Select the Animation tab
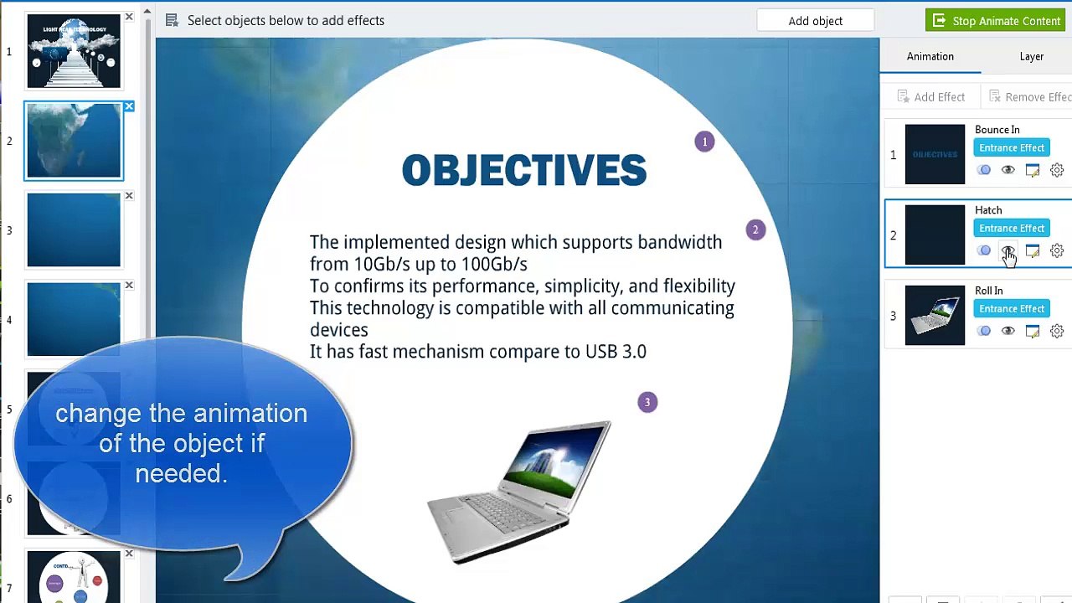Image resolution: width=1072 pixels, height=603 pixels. (x=930, y=56)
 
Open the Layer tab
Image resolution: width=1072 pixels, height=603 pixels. (x=1031, y=56)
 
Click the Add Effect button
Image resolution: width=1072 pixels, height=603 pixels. (x=930, y=97)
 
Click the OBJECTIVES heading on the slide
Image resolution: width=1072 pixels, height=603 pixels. (x=523, y=171)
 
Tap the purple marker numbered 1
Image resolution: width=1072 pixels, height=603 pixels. (x=704, y=142)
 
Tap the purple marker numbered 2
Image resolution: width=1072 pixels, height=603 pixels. (x=755, y=229)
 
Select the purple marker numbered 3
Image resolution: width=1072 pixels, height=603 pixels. (x=647, y=402)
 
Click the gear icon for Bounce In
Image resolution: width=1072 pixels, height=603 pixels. (x=1057, y=170)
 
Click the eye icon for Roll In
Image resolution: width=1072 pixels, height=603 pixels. (x=1008, y=331)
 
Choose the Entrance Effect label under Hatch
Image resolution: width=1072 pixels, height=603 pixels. (x=1011, y=229)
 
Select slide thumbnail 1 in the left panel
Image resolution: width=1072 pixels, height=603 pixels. (x=74, y=51)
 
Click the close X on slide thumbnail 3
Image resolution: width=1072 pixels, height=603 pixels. (x=129, y=196)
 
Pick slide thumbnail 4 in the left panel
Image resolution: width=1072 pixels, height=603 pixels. (x=74, y=319)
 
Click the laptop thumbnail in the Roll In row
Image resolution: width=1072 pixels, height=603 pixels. (x=935, y=315)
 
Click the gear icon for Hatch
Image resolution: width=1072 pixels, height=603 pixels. (x=1057, y=250)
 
